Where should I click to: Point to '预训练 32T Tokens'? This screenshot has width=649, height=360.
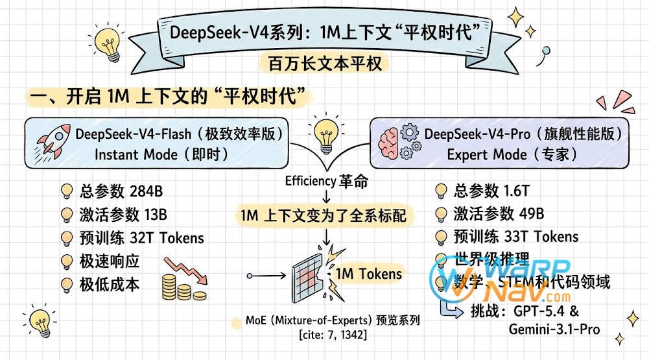click(x=141, y=237)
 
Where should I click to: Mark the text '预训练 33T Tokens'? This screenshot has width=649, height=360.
click(x=517, y=237)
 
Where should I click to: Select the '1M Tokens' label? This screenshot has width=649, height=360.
click(x=368, y=274)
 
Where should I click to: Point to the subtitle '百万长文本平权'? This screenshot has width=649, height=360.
click(x=324, y=63)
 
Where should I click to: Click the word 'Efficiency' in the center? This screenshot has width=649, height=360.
click(x=309, y=181)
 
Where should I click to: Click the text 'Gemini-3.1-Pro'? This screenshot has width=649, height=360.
click(x=554, y=329)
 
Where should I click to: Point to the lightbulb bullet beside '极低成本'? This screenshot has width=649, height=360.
click(x=66, y=284)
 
